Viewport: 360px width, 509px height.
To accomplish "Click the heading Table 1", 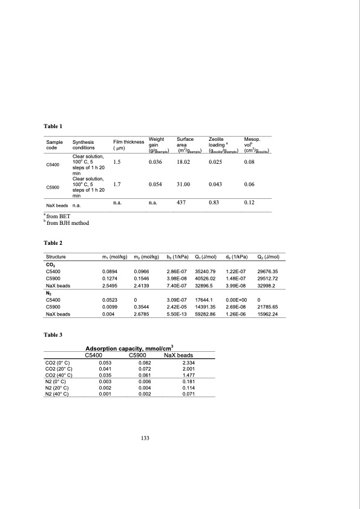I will tap(53, 125).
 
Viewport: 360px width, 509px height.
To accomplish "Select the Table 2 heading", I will tap(53, 242).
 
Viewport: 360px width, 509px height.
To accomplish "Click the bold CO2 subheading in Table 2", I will tap(51, 264).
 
